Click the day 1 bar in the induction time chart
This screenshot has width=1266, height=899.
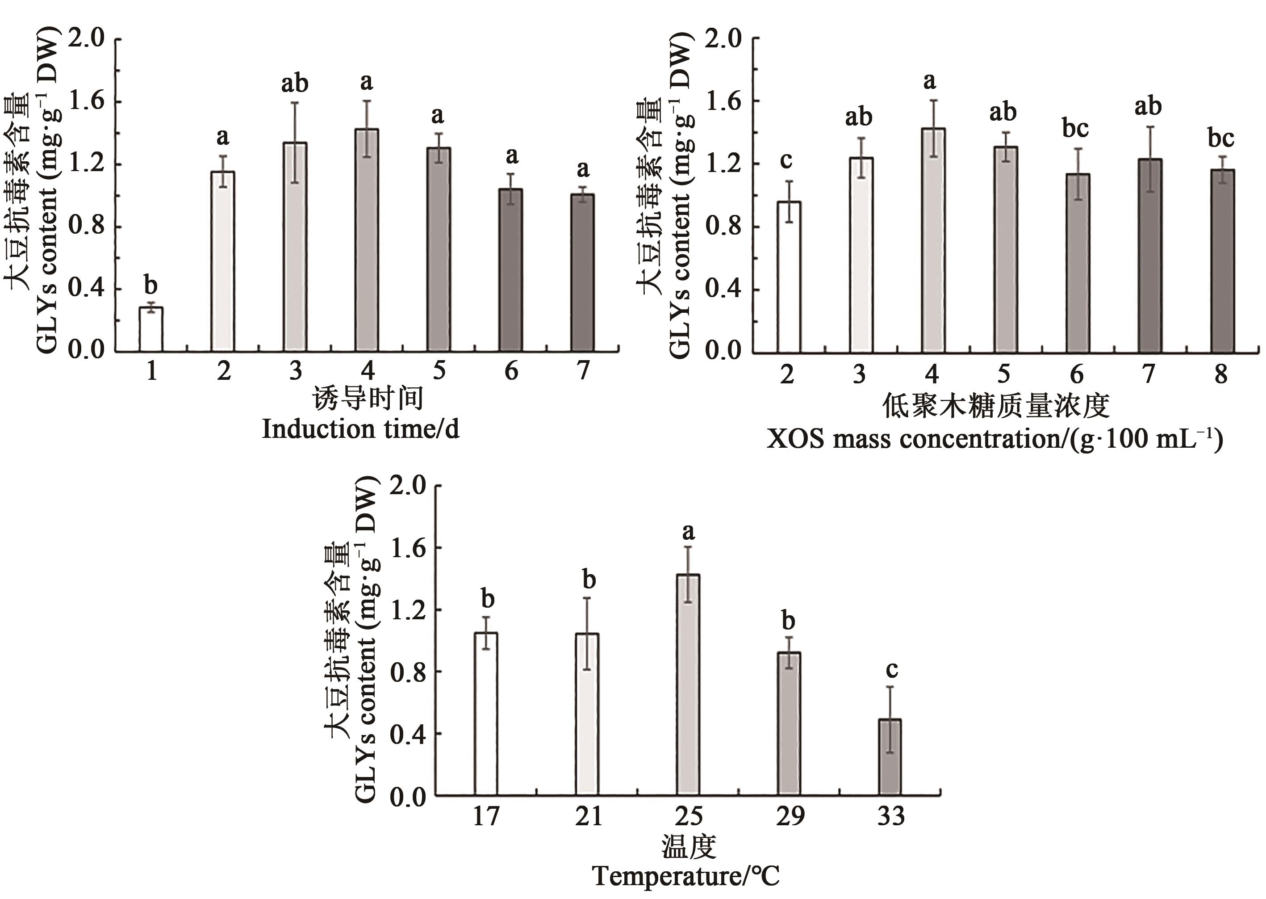[150, 329]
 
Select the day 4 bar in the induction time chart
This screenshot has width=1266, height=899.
[367, 240]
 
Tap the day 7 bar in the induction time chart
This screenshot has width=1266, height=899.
[583, 273]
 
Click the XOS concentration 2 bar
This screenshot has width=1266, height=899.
[789, 277]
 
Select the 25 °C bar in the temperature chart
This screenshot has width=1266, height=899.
[688, 685]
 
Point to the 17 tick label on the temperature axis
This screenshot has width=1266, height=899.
[486, 816]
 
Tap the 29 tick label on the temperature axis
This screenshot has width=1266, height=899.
[789, 816]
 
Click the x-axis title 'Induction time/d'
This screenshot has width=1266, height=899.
[360, 429]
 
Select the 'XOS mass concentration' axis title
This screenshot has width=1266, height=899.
[994, 439]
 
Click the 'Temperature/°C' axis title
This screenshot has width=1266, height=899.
[686, 876]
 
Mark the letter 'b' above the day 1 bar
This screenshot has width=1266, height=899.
[150, 286]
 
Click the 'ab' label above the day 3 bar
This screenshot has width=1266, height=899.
[295, 83]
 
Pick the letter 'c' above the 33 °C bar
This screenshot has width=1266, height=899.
[891, 669]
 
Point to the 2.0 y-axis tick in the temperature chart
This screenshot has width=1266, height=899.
[408, 486]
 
